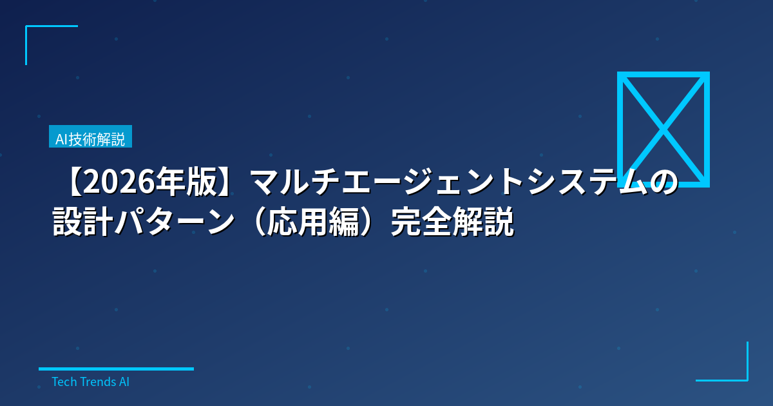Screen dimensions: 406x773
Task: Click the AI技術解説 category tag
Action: pyautogui.click(x=90, y=137)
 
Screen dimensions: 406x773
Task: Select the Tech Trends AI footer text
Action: pyautogui.click(x=90, y=382)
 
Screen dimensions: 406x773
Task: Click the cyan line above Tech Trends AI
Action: pyautogui.click(x=116, y=369)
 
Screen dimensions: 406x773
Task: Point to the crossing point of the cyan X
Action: pyautogui.click(x=663, y=130)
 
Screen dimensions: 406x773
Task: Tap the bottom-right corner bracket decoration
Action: pyautogui.click(x=746, y=379)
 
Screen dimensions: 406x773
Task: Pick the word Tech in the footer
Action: pyautogui.click(x=63, y=382)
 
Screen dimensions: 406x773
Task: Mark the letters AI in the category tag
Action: pyautogui.click(x=61, y=137)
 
